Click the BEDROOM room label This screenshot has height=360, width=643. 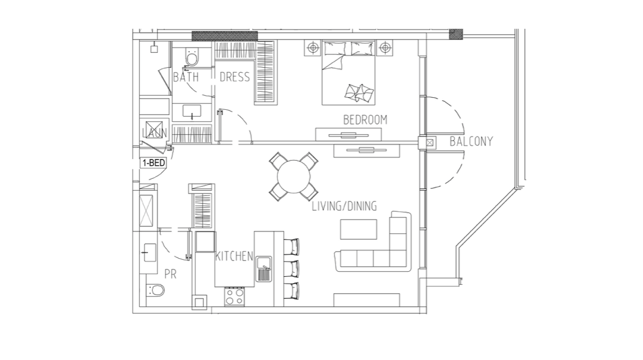(365, 120)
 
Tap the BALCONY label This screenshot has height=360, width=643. (471, 142)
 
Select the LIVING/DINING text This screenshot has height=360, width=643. (344, 206)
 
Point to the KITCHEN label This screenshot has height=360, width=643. (234, 256)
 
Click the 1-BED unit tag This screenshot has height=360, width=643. (153, 163)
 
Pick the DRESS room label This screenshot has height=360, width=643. (234, 77)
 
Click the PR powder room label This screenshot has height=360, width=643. (170, 274)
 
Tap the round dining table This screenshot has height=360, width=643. (294, 176)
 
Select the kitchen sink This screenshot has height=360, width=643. (264, 268)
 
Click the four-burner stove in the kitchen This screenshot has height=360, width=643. (234, 297)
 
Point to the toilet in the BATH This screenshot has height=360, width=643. (191, 57)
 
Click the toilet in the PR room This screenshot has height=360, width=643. (156, 290)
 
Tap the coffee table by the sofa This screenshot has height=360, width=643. (358, 229)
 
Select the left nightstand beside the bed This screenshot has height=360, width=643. (314, 48)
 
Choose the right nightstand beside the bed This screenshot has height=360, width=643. (385, 48)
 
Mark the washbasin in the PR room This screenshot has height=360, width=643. (149, 252)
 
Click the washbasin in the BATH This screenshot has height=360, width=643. (191, 111)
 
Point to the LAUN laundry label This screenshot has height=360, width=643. (155, 133)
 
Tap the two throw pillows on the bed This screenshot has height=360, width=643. (359, 93)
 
